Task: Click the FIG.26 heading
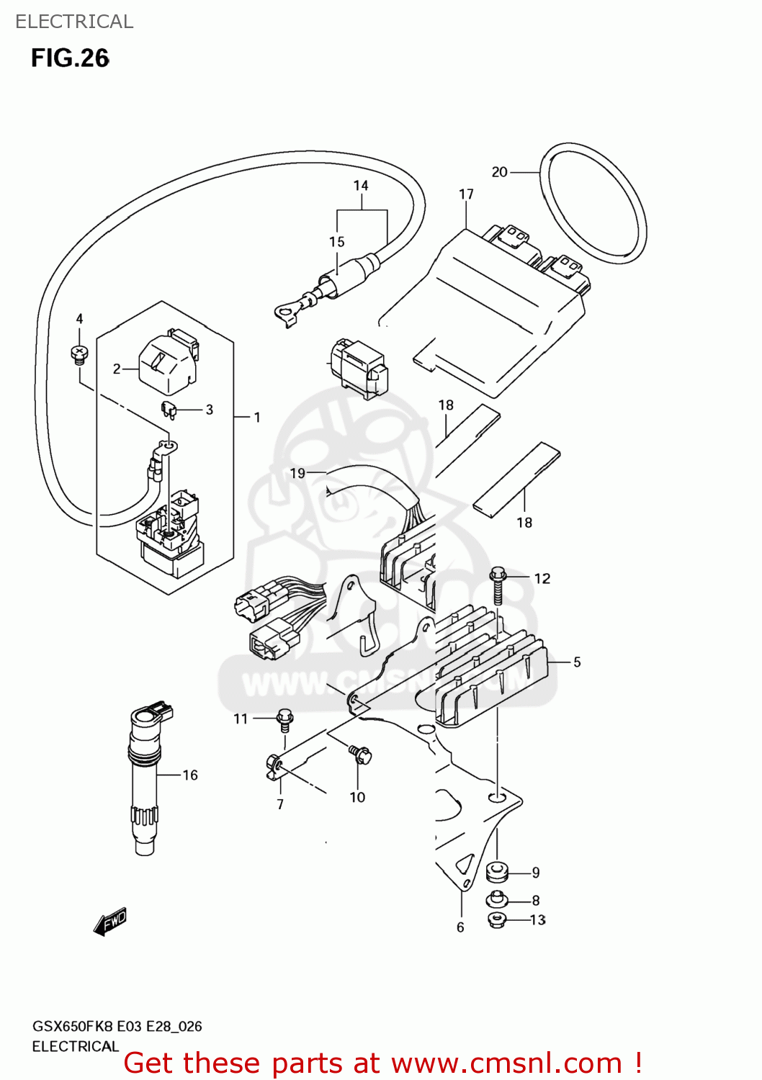[70, 58]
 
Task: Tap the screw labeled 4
[79, 354]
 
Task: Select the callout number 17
[466, 194]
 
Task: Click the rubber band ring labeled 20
[593, 203]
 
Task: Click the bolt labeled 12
[498, 584]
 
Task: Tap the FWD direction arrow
[110, 921]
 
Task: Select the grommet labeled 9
[497, 872]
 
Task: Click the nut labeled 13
[497, 919]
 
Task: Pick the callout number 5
[577, 662]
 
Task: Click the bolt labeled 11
[284, 719]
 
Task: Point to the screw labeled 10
[360, 755]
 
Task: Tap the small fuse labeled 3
[169, 410]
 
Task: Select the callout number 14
[361, 186]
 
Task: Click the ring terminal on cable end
[286, 313]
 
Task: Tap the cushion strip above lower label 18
[516, 480]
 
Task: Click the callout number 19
[297, 473]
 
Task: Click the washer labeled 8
[497, 899]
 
